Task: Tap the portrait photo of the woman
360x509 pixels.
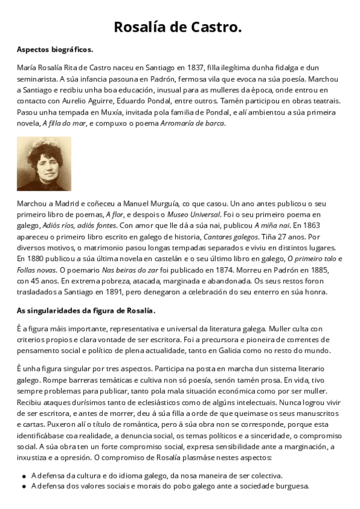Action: coord(44,163)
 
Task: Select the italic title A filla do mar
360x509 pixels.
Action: coord(64,123)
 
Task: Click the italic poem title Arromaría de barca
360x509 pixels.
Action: coord(193,123)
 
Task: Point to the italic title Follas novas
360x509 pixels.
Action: coord(38,270)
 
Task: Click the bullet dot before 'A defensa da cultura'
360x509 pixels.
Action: coord(23,475)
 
